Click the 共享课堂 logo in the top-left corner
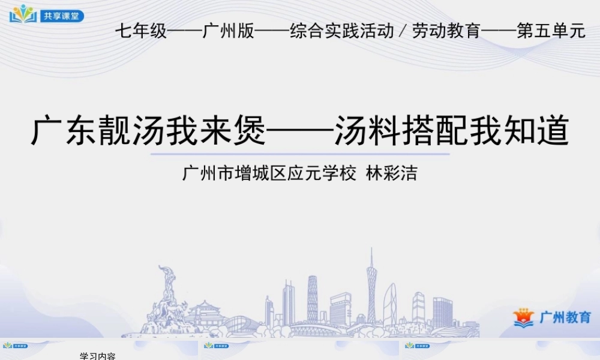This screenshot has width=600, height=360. tap(47, 14)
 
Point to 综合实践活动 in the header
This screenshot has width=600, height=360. tap(341, 31)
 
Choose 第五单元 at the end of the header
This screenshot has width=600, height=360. tap(551, 31)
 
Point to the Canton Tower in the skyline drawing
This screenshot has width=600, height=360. tap(371, 288)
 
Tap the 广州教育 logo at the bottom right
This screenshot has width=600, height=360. tap(552, 317)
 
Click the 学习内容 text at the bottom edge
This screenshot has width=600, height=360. tap(98, 356)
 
